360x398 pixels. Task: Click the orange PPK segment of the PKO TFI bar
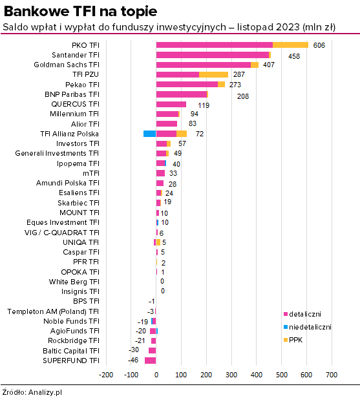tap(290, 45)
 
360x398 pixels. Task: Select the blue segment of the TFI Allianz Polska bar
tap(150, 134)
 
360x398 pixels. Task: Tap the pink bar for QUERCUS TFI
tap(171, 104)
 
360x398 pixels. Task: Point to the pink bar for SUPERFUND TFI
tap(151, 361)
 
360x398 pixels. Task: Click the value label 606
tap(319, 45)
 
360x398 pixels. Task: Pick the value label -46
tap(133, 360)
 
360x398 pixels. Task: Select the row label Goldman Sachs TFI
tap(67, 65)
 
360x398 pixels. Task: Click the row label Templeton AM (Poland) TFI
tap(53, 311)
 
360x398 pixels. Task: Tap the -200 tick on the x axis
tap(106, 375)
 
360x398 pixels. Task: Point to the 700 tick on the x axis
tap(332, 375)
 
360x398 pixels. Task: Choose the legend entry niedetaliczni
tap(310, 327)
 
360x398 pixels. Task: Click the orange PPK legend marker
tap(286, 340)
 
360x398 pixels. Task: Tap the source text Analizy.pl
tap(45, 392)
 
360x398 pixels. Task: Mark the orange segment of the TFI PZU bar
tap(213, 75)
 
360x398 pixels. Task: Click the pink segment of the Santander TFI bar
tap(213, 55)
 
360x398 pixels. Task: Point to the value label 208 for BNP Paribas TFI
tap(243, 96)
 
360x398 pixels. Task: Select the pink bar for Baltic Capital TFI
tap(153, 351)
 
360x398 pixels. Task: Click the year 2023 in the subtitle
tap(288, 27)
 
